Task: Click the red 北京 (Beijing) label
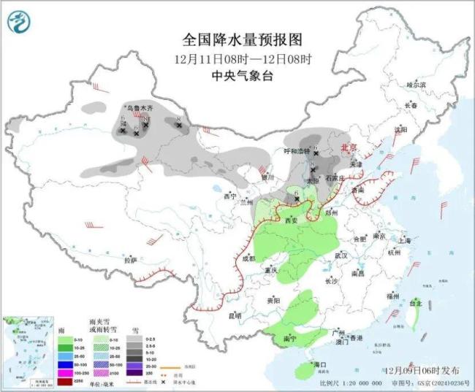click(349, 147)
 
